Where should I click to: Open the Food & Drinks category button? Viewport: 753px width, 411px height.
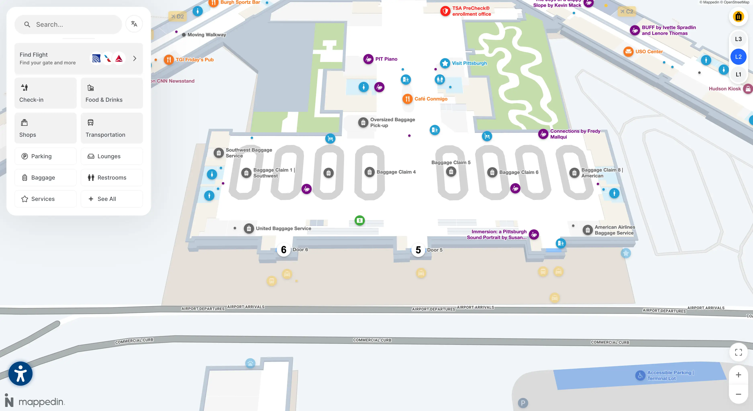pos(112,93)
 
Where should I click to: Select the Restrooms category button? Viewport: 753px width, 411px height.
pos(112,177)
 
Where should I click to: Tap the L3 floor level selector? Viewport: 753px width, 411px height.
pos(738,39)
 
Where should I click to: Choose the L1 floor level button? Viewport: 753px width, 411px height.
pos(738,74)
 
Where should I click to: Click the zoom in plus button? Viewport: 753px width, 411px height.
pos(738,375)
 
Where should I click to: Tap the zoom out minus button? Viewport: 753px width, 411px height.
pos(738,394)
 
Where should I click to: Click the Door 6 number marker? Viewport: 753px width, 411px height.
pos(284,250)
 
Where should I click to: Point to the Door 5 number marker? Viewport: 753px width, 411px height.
pos(418,250)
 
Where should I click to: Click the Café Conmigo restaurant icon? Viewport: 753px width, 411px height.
pos(407,99)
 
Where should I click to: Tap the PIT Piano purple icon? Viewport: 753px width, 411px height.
pos(368,59)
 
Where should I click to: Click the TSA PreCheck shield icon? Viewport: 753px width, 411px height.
pos(445,11)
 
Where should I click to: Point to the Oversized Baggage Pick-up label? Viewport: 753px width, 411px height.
pos(392,122)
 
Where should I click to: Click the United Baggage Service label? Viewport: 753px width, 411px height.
pos(283,228)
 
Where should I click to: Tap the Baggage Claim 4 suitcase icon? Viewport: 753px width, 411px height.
pos(369,172)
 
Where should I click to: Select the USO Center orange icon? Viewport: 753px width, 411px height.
pos(628,51)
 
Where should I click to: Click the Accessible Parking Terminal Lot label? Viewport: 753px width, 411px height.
pos(670,375)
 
